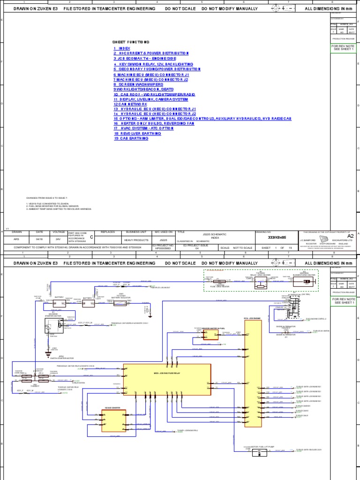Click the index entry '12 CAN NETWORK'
(130, 104)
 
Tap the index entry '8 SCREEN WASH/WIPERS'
(138, 84)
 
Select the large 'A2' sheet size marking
(349, 236)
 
